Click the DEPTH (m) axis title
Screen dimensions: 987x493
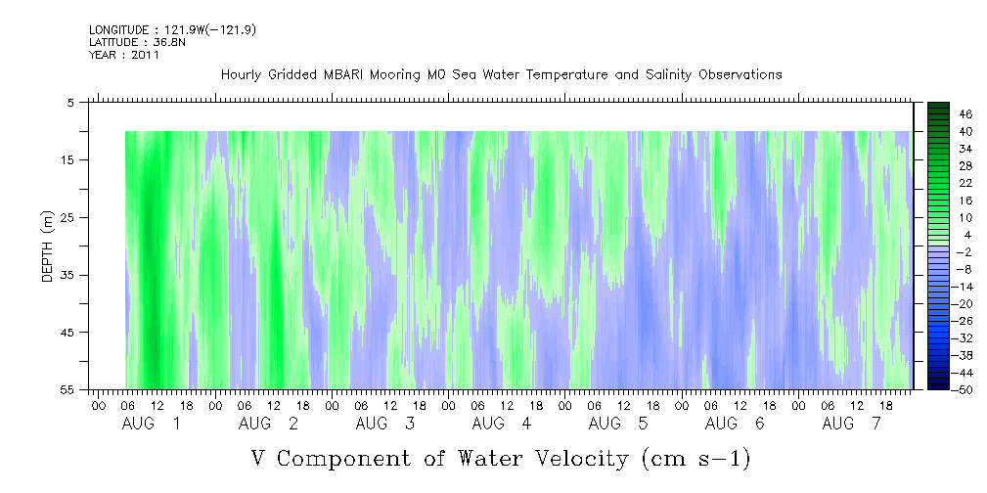point(48,246)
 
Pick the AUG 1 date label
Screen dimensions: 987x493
point(151,424)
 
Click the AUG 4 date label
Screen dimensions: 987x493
point(502,424)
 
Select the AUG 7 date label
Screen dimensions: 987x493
point(852,424)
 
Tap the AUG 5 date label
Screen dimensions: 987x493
point(618,424)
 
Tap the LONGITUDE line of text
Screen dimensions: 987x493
point(172,29)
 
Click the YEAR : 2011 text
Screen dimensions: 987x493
point(124,55)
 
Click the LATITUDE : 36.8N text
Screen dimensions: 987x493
point(137,42)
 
